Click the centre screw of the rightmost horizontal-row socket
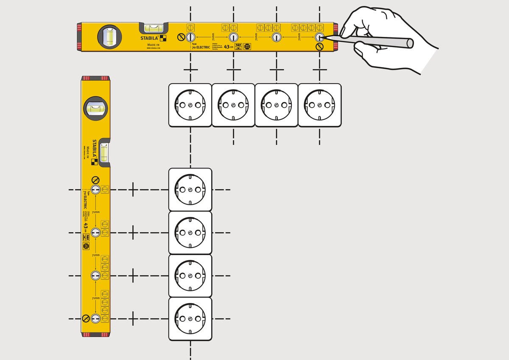[319, 105]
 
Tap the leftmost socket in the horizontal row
[190, 105]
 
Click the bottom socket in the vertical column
[190, 319]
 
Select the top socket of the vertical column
[190, 189]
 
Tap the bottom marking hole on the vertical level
[95, 318]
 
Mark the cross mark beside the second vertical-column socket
[133, 233]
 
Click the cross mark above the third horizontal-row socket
[277, 69]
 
